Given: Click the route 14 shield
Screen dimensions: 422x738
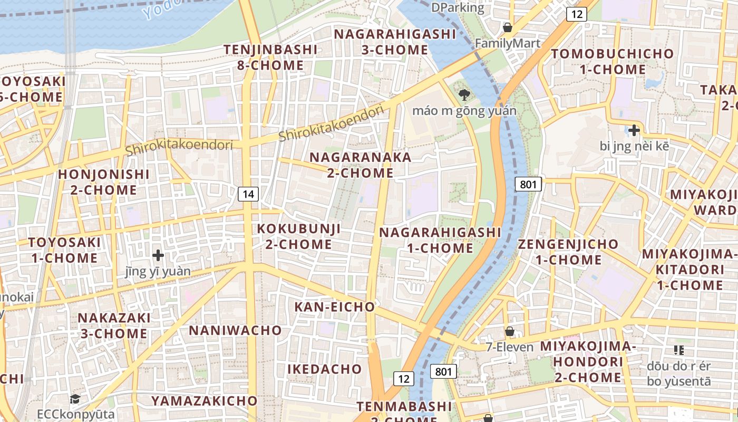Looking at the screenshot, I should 248,194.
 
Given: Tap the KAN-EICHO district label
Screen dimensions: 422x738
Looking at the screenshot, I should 334,306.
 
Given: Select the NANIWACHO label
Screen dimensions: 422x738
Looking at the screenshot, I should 236,330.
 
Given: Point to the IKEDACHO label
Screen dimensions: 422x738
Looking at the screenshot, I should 325,369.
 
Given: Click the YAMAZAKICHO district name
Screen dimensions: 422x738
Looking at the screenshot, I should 204,401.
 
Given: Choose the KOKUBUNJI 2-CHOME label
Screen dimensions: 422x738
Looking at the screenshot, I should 298,236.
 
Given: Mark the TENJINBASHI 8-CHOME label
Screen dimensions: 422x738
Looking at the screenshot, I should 270,57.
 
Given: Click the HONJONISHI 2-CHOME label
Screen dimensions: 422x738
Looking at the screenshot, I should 104,182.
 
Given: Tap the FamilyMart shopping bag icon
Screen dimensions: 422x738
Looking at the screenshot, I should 508,27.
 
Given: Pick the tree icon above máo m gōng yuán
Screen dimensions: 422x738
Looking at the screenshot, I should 464,95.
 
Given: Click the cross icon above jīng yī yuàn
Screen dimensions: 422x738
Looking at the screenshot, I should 158,255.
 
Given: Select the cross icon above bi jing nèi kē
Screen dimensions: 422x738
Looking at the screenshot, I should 634,130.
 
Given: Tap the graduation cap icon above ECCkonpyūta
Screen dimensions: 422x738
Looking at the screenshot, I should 75,399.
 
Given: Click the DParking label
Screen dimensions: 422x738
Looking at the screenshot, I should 457,7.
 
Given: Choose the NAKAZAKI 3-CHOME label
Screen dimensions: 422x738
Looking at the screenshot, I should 114,325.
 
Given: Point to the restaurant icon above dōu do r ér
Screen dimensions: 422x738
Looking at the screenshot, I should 679,350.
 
